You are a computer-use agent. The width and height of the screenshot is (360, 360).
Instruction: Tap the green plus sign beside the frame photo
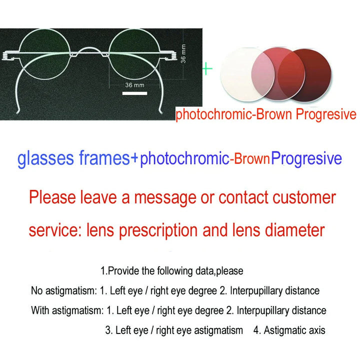tap(207, 68)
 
